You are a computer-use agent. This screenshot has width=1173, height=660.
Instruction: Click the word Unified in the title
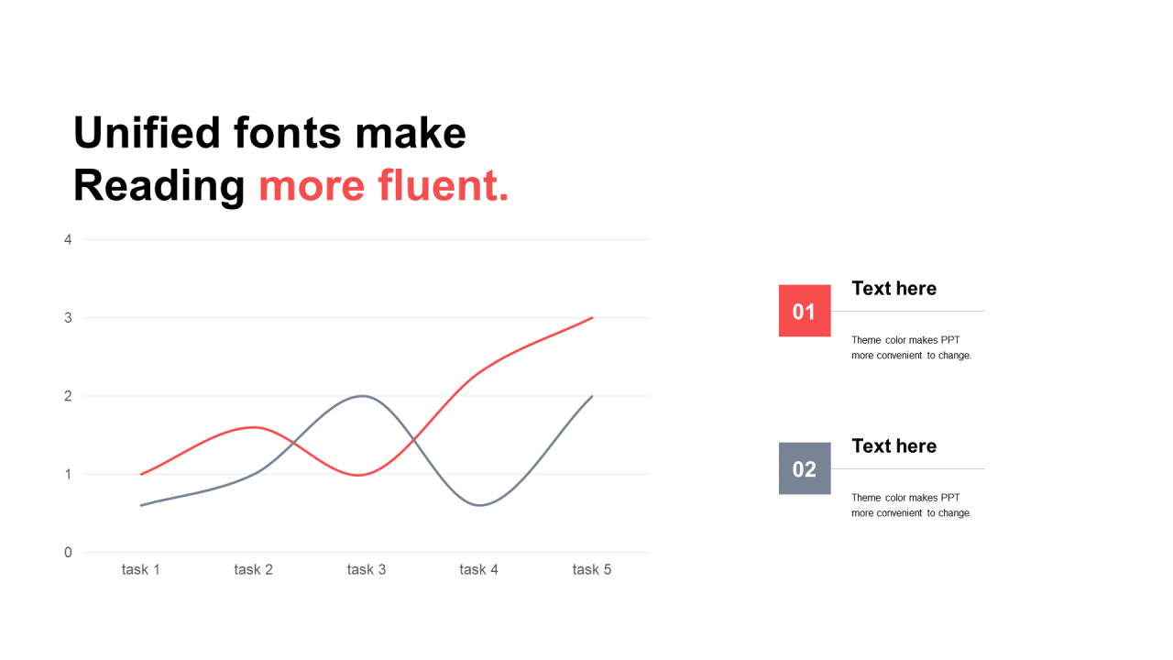click(148, 132)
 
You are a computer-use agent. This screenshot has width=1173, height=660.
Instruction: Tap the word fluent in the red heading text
click(443, 185)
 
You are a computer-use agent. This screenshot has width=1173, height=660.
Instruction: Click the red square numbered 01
click(805, 311)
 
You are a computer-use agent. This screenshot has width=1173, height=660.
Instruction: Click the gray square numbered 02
click(805, 468)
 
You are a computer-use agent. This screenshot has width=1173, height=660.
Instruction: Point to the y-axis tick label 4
click(68, 240)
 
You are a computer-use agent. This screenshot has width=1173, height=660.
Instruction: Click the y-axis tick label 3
click(68, 318)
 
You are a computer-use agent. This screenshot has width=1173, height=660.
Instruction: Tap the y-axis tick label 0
click(68, 552)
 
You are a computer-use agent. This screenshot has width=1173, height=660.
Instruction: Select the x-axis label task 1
click(140, 569)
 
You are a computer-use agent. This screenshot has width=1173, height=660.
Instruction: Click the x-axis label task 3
click(366, 569)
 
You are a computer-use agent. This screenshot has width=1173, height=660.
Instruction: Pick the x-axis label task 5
click(592, 569)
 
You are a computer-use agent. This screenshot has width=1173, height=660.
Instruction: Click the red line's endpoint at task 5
click(592, 318)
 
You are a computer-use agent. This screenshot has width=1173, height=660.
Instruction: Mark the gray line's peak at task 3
click(362, 396)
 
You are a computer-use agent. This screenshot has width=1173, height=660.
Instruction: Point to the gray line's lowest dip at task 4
click(479, 505)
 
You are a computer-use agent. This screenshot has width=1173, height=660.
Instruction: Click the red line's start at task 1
click(141, 474)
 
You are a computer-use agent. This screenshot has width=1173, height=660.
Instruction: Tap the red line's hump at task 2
click(254, 427)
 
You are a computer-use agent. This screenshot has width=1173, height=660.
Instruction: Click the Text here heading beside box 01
click(893, 288)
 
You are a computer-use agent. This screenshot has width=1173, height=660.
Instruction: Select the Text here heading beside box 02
click(893, 445)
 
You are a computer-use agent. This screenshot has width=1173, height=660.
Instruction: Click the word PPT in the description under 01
click(950, 340)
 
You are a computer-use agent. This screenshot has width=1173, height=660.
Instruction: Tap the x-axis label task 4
click(478, 569)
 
